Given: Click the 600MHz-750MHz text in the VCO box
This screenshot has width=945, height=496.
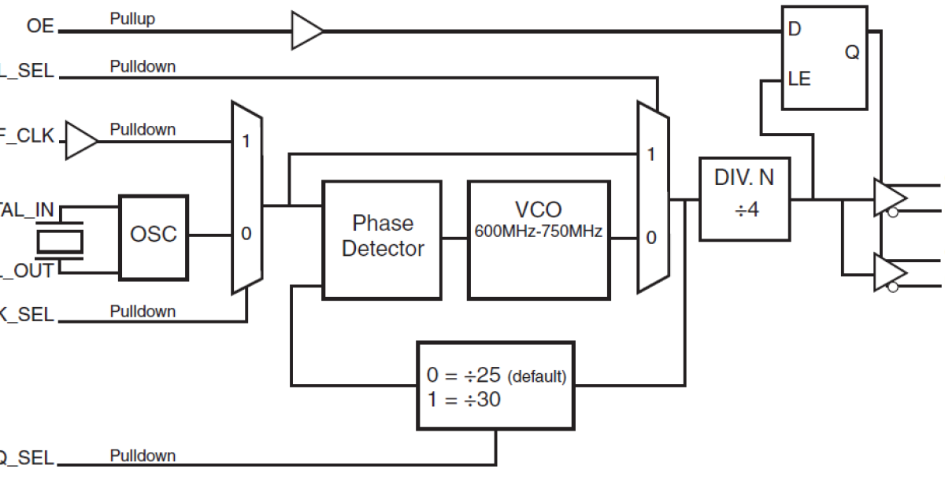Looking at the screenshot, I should (x=539, y=231).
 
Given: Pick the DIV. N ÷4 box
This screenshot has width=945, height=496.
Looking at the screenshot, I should (x=744, y=198).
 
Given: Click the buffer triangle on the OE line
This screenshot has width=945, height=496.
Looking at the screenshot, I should (x=306, y=31).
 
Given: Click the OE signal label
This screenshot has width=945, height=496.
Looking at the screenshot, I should (x=40, y=26).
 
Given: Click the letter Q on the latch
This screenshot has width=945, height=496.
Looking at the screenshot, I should (x=852, y=53).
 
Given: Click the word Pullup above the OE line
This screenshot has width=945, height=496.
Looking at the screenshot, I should (x=132, y=19).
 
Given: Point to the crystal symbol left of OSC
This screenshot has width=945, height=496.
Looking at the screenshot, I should (x=61, y=239).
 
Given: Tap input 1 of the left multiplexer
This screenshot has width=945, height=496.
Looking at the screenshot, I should (x=246, y=142).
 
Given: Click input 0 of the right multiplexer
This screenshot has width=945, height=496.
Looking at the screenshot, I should (x=650, y=236).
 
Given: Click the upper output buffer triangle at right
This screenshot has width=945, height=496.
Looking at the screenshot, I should (x=888, y=198).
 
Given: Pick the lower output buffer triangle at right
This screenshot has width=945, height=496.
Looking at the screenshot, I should (x=888, y=273).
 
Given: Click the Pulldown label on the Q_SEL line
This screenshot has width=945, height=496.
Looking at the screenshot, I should (x=143, y=455).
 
